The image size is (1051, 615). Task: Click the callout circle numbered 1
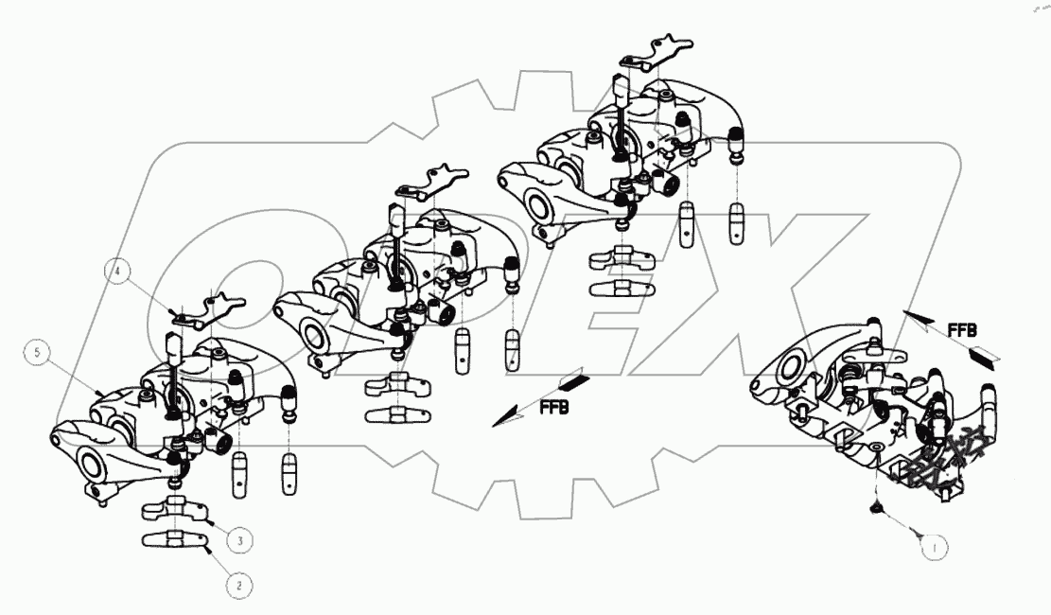point(933,545)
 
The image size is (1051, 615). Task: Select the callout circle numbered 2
point(239,586)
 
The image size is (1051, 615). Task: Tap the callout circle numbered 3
point(239,540)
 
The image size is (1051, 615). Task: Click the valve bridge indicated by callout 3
point(176,511)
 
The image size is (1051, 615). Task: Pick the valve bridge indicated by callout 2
point(176,540)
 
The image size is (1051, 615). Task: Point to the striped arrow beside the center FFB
point(572,383)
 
